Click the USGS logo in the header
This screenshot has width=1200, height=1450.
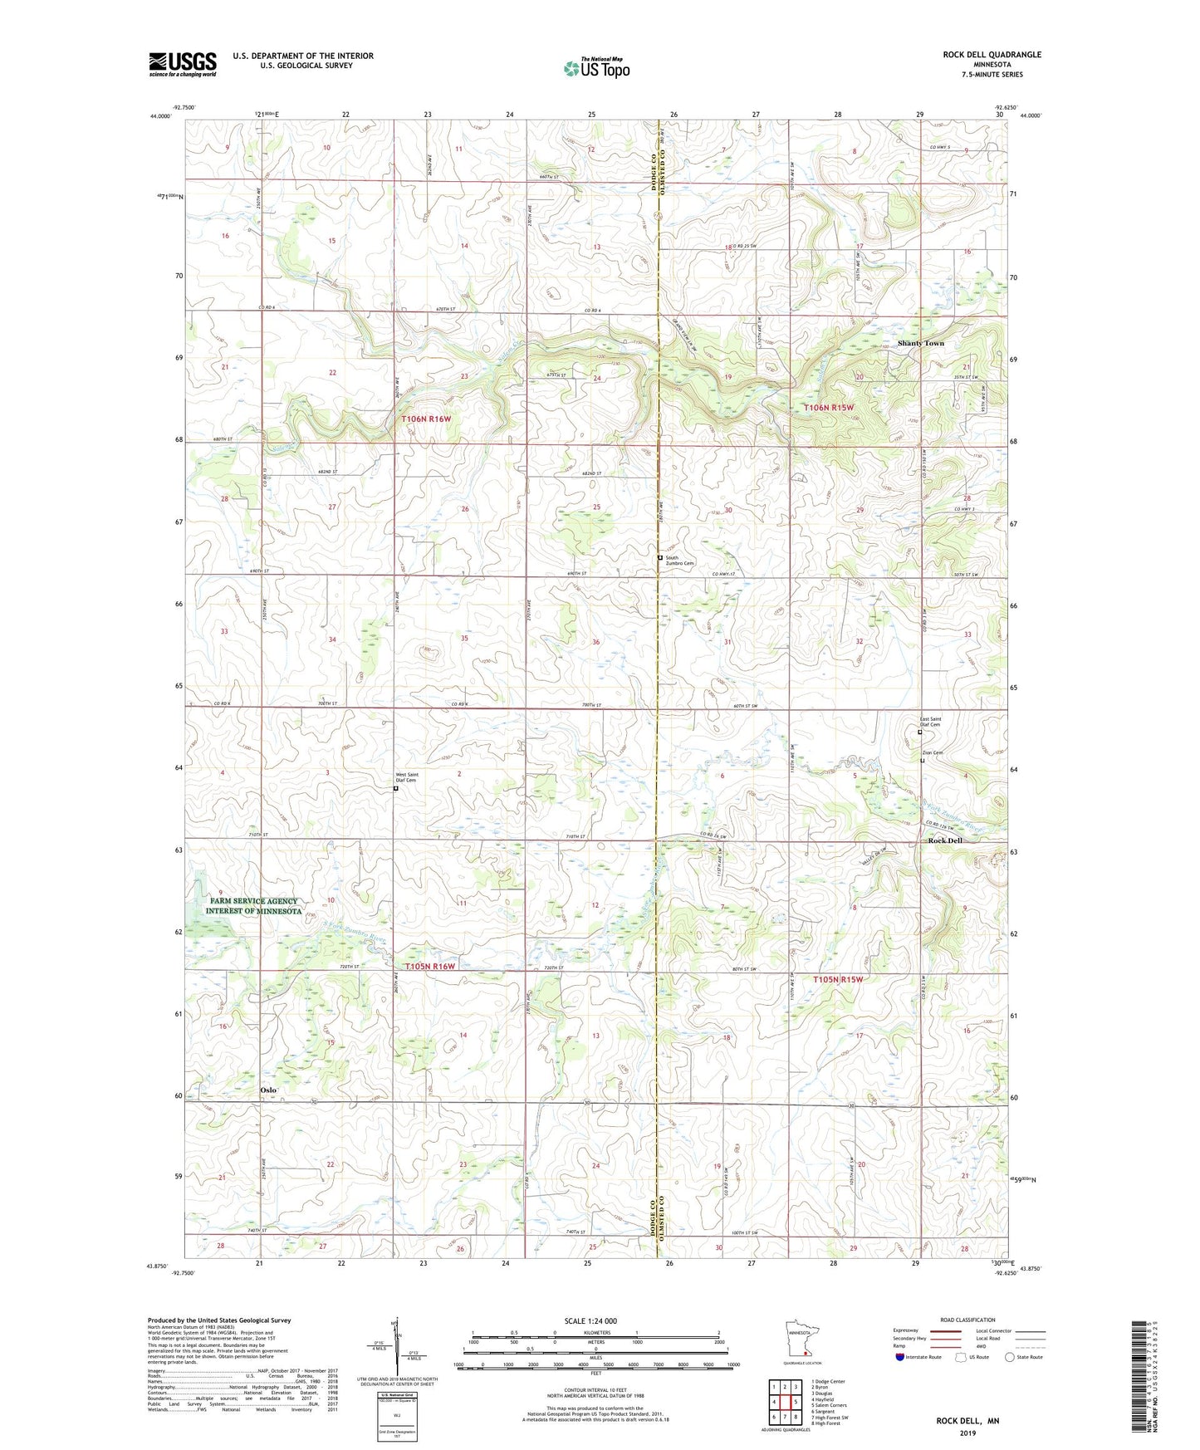coord(182,64)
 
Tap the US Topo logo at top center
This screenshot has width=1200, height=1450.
coord(595,68)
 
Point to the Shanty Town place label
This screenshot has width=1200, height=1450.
coord(920,343)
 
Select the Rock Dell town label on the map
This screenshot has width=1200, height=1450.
coord(944,840)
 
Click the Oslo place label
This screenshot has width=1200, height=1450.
coord(267,1090)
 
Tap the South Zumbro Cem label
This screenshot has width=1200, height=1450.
coord(678,561)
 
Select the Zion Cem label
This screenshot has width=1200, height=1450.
coord(932,753)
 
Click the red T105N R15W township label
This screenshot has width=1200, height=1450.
coord(838,980)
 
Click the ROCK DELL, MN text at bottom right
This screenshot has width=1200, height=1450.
coord(967,1421)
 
